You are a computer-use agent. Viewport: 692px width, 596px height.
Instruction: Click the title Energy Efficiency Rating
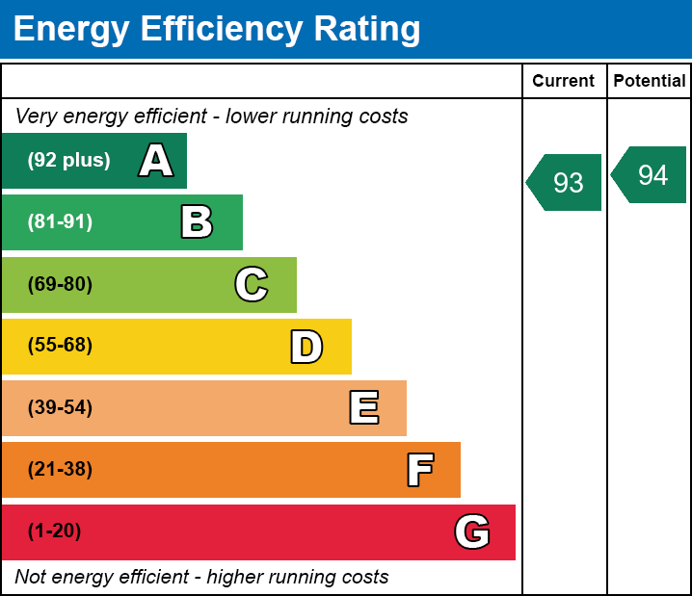click(x=217, y=30)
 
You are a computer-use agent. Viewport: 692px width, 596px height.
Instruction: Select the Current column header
click(x=563, y=82)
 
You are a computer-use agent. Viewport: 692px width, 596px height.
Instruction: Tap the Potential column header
click(x=650, y=82)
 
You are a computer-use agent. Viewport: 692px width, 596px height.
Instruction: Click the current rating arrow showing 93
click(x=566, y=182)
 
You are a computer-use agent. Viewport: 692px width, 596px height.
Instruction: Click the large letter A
click(x=156, y=161)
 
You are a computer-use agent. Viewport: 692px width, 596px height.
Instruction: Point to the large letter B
click(x=197, y=222)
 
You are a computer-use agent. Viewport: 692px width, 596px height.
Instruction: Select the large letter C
click(x=252, y=284)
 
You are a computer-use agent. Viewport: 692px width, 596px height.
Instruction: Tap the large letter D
click(x=306, y=347)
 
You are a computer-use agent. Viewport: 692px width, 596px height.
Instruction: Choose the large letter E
click(x=363, y=408)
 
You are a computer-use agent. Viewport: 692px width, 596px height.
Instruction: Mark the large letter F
click(x=419, y=470)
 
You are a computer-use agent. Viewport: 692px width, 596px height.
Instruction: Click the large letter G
click(x=472, y=531)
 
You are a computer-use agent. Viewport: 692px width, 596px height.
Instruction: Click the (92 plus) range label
click(x=68, y=161)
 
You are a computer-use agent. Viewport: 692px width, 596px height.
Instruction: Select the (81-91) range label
click(x=60, y=222)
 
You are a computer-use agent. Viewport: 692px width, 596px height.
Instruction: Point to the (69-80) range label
click(x=60, y=284)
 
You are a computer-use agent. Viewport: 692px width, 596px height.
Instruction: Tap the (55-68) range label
click(x=60, y=346)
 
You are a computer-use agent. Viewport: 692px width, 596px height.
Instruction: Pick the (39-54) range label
click(x=60, y=408)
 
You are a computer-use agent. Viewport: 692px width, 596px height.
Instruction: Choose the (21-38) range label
click(x=60, y=470)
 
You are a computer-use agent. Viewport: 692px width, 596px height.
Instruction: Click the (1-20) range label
click(x=54, y=531)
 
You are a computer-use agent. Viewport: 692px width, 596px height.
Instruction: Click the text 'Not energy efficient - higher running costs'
click(x=201, y=578)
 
